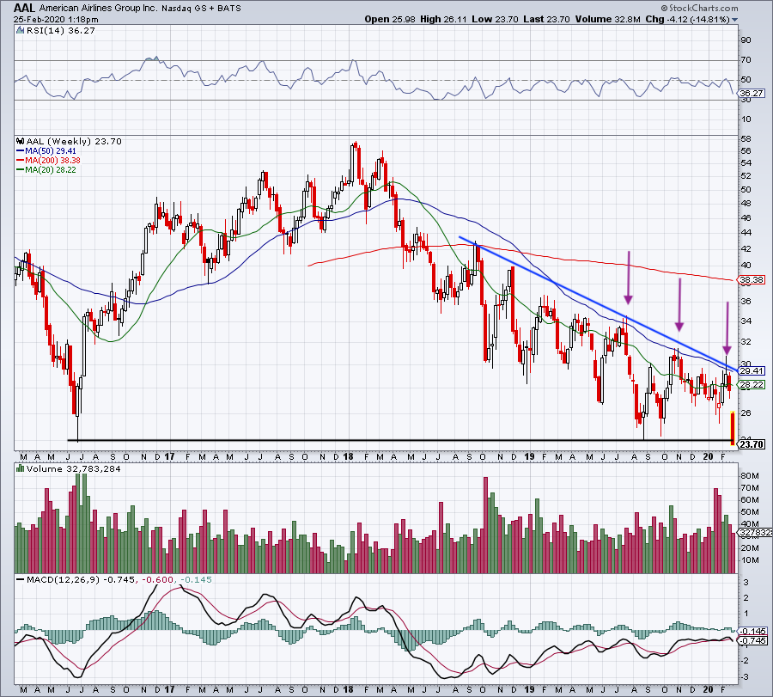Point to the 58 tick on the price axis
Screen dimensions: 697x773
coord(746,138)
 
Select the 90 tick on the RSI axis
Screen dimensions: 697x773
coord(746,40)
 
